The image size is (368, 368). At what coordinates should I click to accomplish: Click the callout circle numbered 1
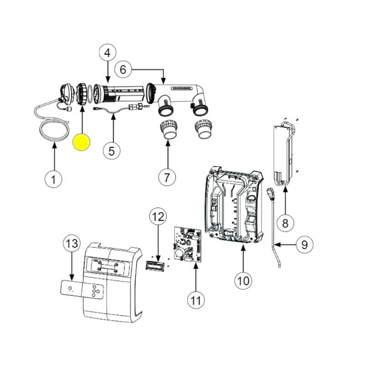coord(53,179)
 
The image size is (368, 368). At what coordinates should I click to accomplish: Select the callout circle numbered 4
coord(108,53)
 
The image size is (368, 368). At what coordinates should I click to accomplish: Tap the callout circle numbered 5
coord(112,151)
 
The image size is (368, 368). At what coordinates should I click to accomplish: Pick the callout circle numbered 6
coord(123,70)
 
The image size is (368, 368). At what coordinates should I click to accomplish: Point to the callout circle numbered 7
coord(167,178)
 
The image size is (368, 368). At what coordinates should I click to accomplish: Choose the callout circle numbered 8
coord(285,223)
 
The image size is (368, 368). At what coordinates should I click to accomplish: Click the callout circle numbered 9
coord(305,245)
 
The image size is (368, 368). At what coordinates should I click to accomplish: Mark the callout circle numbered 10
coord(243,281)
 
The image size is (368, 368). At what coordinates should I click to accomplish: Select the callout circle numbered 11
coord(196,300)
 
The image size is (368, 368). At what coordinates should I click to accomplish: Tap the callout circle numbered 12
coord(158,216)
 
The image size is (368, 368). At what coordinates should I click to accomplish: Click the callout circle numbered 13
coord(72,243)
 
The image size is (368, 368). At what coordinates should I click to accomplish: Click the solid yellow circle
coord(81,142)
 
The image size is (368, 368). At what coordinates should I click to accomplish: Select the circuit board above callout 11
coord(188,244)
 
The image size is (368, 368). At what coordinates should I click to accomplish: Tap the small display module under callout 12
coord(155,266)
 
